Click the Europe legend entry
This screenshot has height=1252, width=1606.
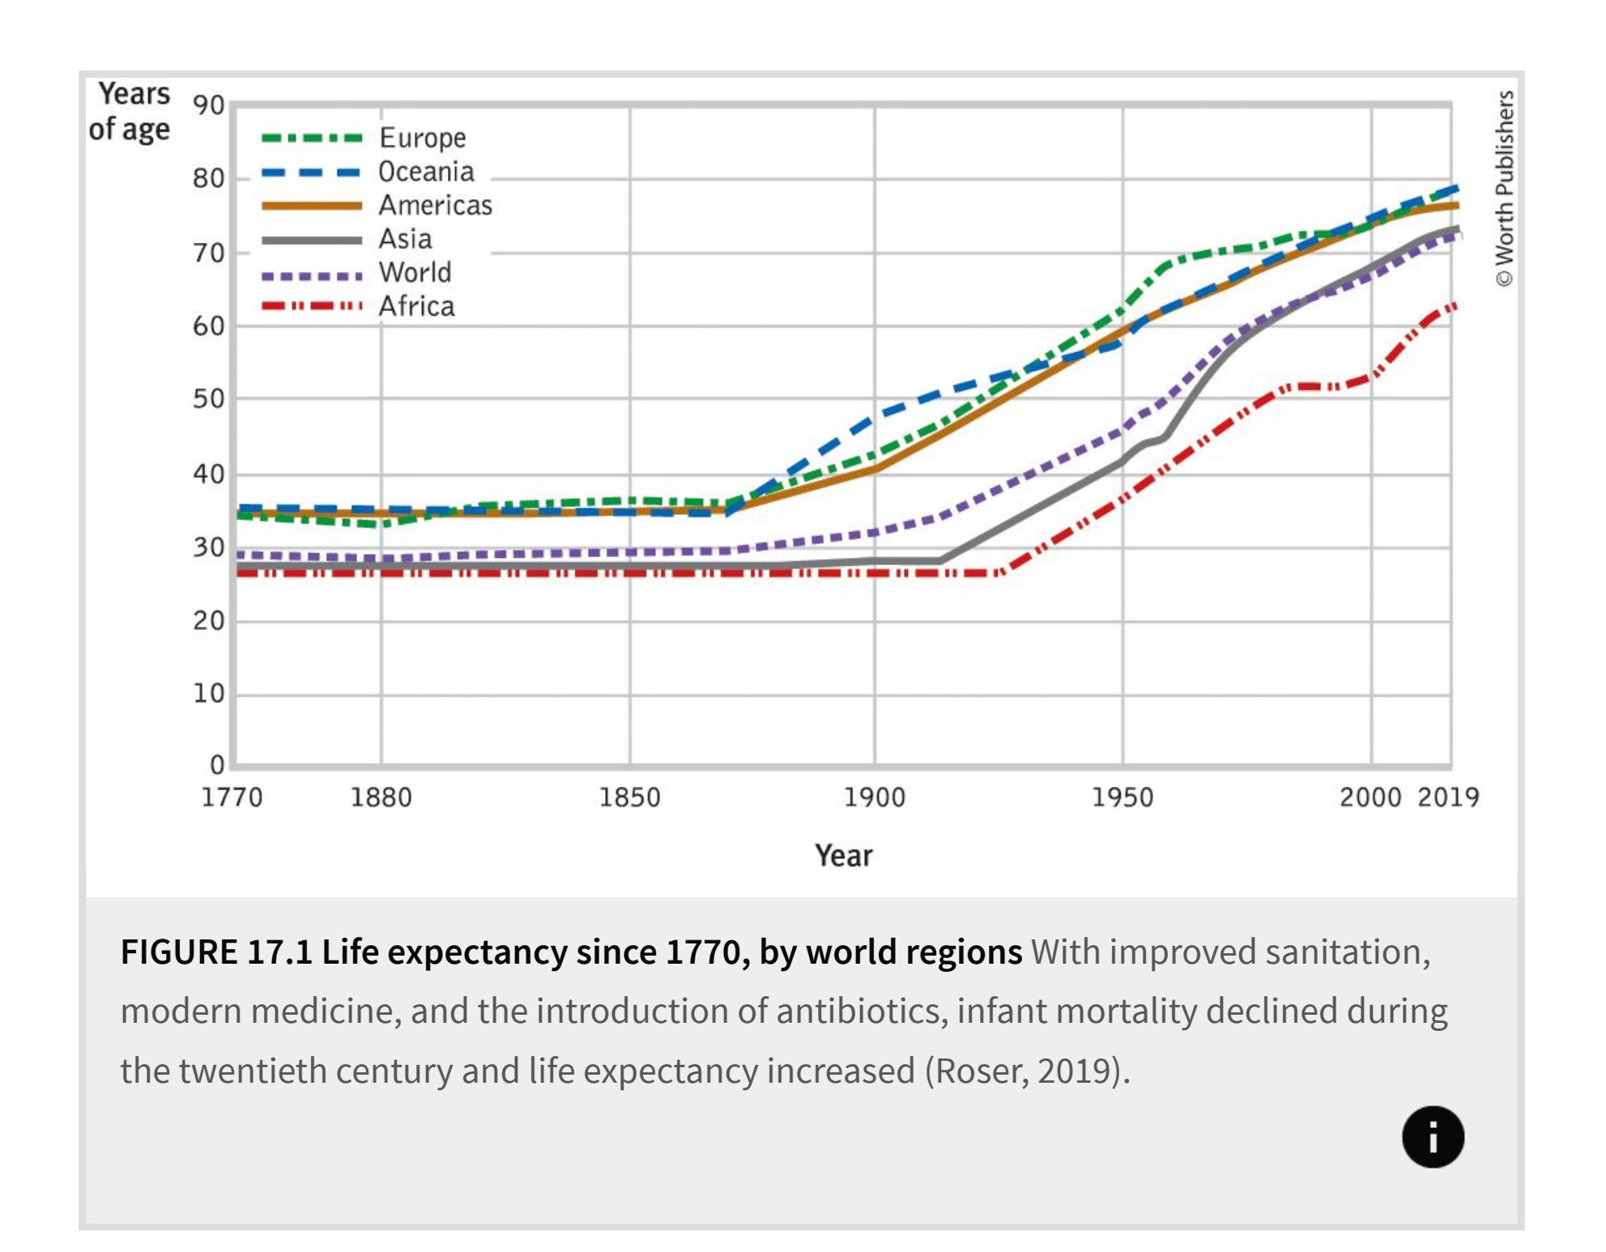422,138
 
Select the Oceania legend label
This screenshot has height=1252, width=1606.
426,172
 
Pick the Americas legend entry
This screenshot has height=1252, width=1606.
435,206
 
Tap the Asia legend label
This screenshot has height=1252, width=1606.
405,239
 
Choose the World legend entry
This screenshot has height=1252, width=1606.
415,273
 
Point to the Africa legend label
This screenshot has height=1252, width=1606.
416,307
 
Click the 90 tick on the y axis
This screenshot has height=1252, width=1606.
208,105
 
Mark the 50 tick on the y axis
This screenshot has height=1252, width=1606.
208,399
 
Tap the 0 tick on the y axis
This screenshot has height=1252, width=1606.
216,764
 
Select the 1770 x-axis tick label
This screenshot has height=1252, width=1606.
232,798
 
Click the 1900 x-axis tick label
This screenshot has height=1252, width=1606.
875,798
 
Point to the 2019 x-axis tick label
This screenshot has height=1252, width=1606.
1448,798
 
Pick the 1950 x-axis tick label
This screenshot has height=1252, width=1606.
1122,798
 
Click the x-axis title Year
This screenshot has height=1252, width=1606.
843,856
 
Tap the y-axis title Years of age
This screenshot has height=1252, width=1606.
131,112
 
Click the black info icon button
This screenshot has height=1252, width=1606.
1433,1136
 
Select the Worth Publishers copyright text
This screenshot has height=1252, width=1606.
1504,188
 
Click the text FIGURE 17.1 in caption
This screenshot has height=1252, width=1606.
216,952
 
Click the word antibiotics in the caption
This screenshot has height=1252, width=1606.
862,1011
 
